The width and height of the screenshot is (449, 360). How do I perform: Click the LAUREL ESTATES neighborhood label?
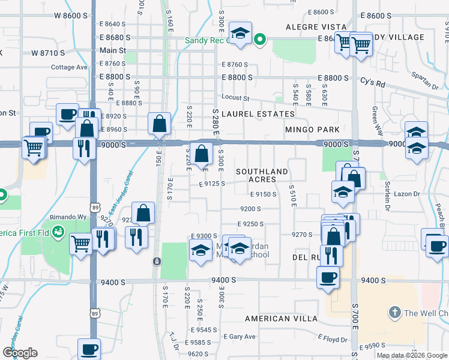tap(258, 113)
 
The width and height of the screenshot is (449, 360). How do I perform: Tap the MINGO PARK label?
tap(312, 130)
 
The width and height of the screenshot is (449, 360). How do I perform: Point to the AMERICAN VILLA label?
tap(280, 318)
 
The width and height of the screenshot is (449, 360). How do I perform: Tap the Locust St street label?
tap(235, 97)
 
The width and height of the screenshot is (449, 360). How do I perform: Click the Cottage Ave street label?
tap(69, 67)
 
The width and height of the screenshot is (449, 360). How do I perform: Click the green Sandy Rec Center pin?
tap(259, 40)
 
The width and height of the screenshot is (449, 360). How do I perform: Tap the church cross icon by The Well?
tap(394, 312)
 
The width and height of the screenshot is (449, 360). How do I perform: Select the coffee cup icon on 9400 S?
tap(328, 277)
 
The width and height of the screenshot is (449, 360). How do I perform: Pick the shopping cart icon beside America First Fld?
tap(81, 243)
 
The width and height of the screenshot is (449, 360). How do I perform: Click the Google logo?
tap(20, 353)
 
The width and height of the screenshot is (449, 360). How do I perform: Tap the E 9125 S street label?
tap(208, 184)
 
